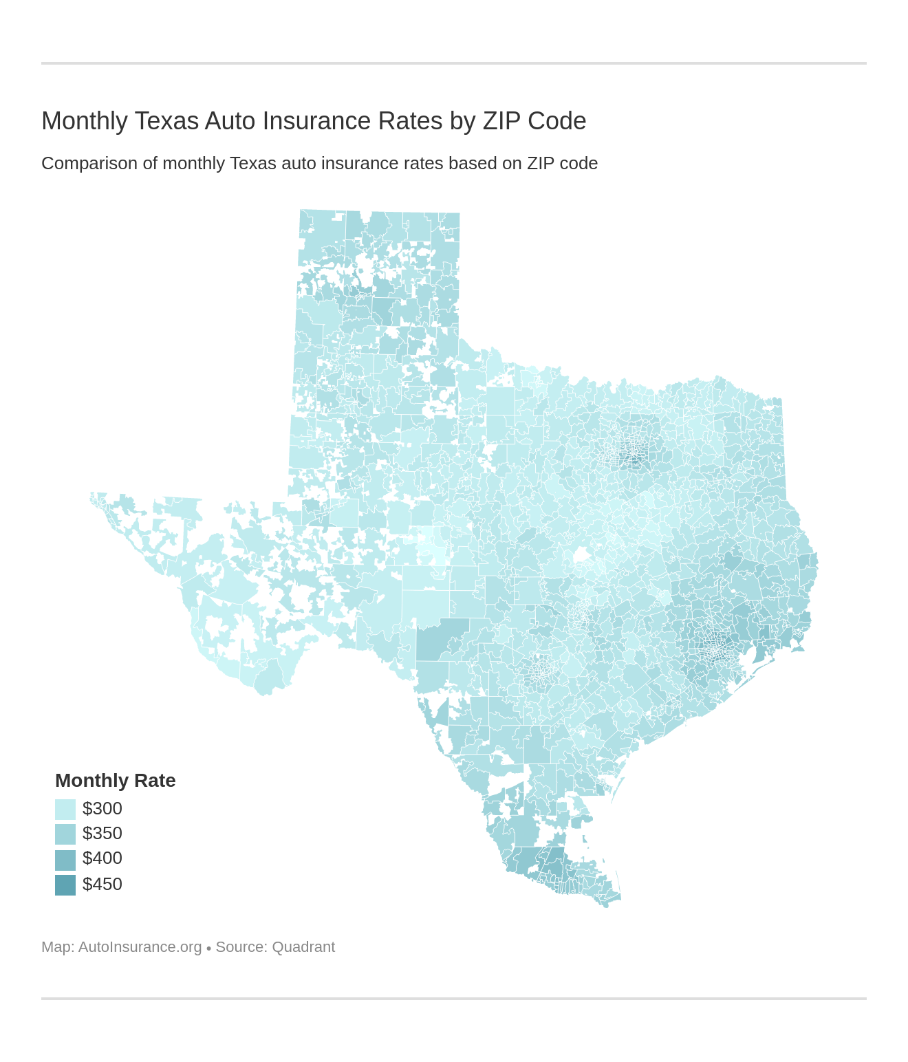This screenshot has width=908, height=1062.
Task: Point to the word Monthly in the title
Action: click(x=85, y=121)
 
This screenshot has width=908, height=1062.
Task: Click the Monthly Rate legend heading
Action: click(x=115, y=781)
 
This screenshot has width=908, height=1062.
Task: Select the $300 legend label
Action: click(x=102, y=809)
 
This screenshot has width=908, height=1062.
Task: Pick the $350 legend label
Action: click(x=102, y=834)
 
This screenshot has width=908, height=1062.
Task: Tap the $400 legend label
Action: click(x=102, y=858)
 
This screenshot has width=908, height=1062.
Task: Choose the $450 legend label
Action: click(x=102, y=885)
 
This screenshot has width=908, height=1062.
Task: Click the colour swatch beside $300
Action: click(x=65, y=810)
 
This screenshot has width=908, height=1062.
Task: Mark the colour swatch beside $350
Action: click(x=65, y=834)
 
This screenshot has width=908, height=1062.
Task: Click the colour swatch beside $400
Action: click(x=65, y=860)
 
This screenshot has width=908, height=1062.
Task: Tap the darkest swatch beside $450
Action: click(x=65, y=885)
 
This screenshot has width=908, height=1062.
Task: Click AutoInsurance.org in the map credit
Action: click(x=140, y=947)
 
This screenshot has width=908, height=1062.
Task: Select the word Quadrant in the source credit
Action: click(x=303, y=947)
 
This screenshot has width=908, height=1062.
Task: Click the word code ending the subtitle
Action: click(x=579, y=164)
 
